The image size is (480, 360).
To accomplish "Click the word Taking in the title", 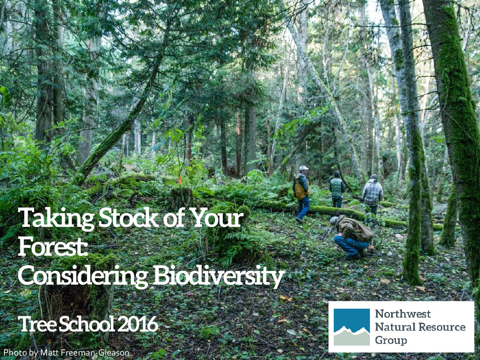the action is tap(56, 218).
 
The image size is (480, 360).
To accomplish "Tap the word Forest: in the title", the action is tap(53, 246).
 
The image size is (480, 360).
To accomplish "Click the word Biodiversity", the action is tap(218, 276).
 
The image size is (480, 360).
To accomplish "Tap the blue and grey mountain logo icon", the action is tap(352, 327).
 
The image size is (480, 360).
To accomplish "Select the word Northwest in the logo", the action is tap(403, 314).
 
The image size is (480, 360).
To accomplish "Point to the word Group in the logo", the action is tap(391, 341).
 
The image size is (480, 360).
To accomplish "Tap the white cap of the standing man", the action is tap(304, 168).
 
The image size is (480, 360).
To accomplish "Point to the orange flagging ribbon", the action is tap(180, 180).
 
